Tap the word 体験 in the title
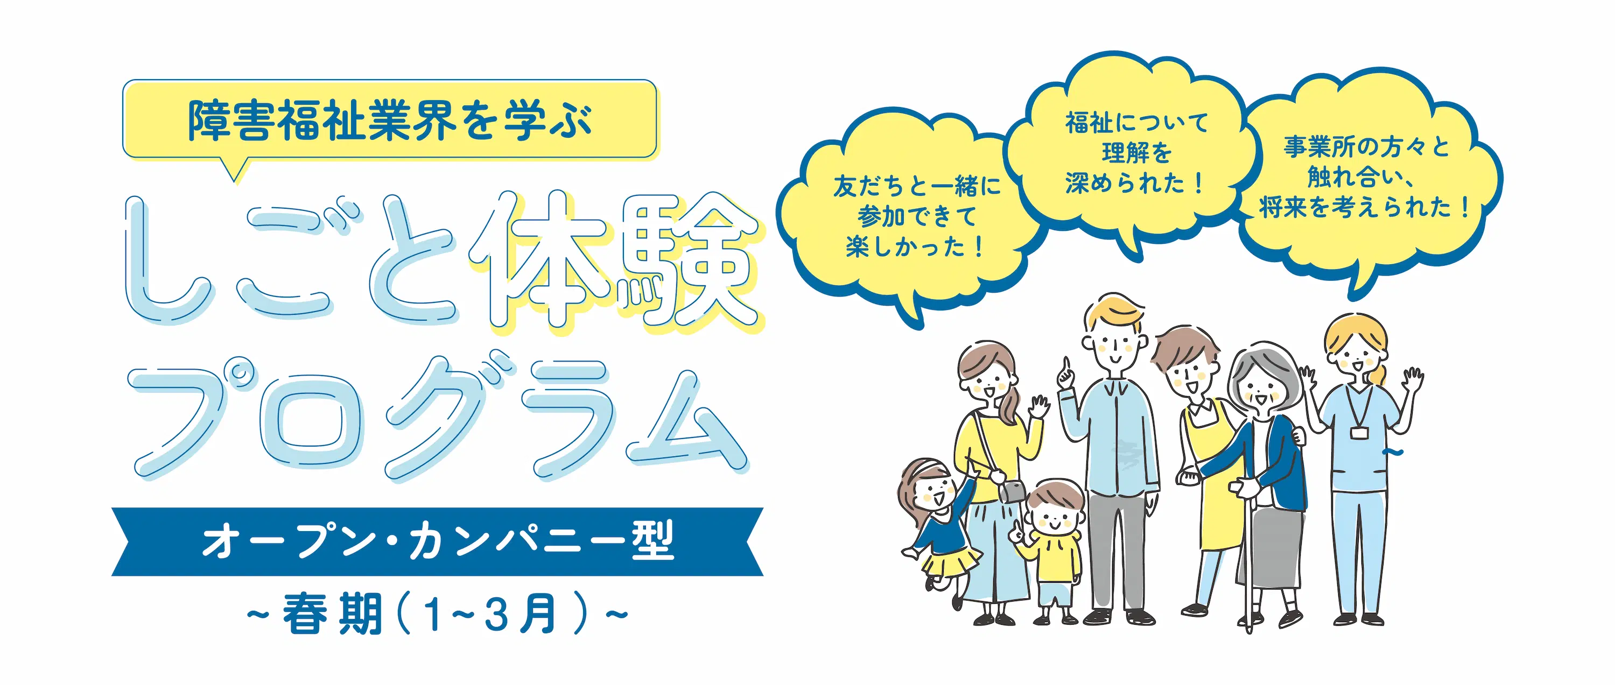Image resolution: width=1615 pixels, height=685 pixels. pos(614,260)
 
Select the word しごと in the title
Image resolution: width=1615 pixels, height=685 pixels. pos(289,260)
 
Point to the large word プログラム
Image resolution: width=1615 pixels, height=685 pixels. pos(439,417)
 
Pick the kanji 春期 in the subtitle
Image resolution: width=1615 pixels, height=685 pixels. pos(332,614)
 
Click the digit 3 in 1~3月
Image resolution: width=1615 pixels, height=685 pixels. pos(495,614)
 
